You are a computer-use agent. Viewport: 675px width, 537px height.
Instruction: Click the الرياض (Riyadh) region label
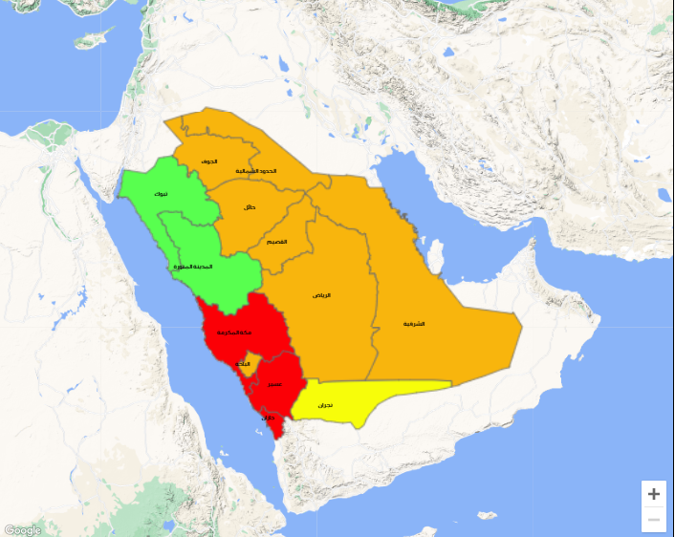pyautogui.click(x=322, y=295)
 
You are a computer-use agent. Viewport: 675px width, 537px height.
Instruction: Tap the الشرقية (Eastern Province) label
pyautogui.click(x=414, y=324)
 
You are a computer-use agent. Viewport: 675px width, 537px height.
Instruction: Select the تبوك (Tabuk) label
pyautogui.click(x=161, y=194)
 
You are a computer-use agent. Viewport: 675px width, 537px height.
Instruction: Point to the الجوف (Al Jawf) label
pyautogui.click(x=209, y=161)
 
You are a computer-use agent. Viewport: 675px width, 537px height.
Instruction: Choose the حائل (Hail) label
pyautogui.click(x=250, y=207)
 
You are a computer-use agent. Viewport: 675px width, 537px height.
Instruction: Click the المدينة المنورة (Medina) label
pyautogui.click(x=191, y=266)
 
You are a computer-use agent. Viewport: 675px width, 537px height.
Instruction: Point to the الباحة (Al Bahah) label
pyautogui.click(x=244, y=363)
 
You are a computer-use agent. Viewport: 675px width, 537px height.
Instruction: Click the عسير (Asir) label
pyautogui.click(x=274, y=384)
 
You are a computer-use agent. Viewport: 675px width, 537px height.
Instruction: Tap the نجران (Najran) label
pyautogui.click(x=325, y=406)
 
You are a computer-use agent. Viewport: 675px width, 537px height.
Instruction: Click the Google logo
pyautogui.click(x=22, y=529)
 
